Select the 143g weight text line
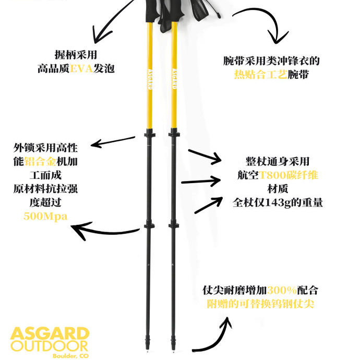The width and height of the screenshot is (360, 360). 278,202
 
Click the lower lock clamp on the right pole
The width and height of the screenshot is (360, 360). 174,225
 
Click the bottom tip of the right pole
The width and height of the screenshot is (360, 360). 173,346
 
